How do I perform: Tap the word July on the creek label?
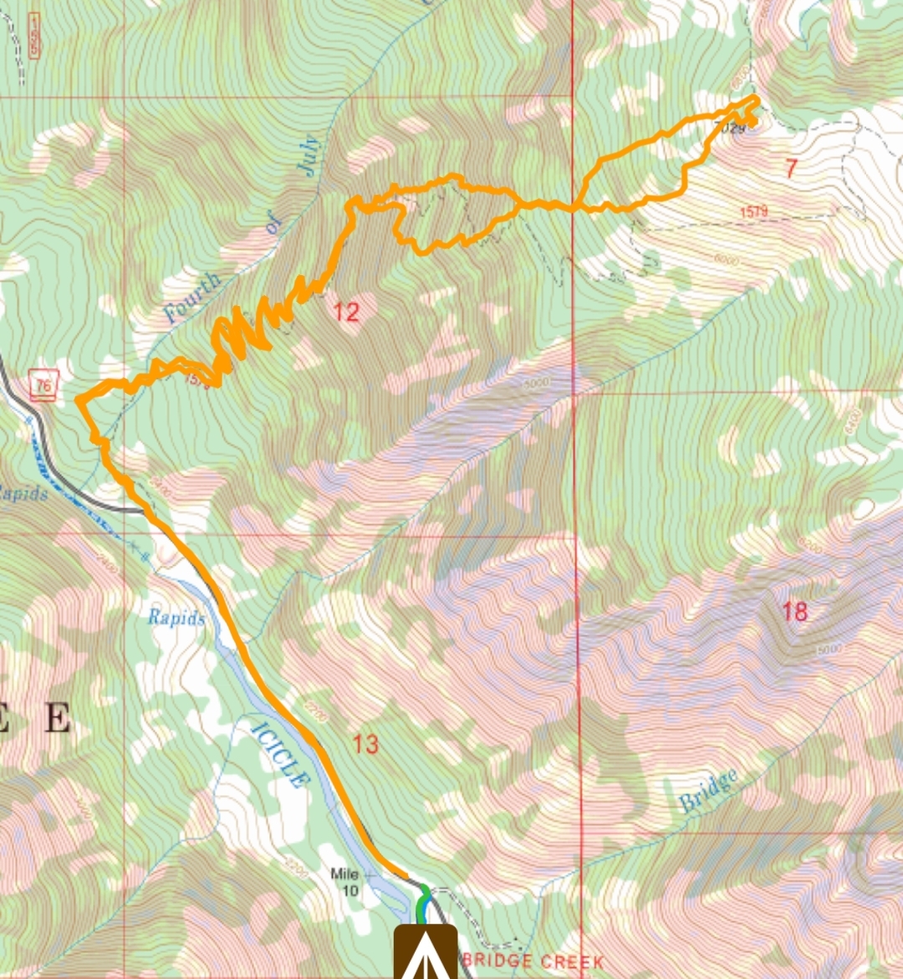pos(308,155)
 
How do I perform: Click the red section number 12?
pos(346,313)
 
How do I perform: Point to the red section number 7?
pos(791,168)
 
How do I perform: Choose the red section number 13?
pos(365,742)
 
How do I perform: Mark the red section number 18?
pos(794,611)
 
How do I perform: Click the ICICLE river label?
pos(279,754)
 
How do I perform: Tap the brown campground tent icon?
pos(426,953)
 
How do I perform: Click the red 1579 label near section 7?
pos(753,212)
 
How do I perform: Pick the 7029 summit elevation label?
pos(730,128)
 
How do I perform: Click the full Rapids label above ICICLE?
pos(176,618)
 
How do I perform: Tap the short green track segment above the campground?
pos(422,903)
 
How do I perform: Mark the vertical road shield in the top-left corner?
pos(34,36)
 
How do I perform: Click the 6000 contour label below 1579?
pos(727,260)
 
